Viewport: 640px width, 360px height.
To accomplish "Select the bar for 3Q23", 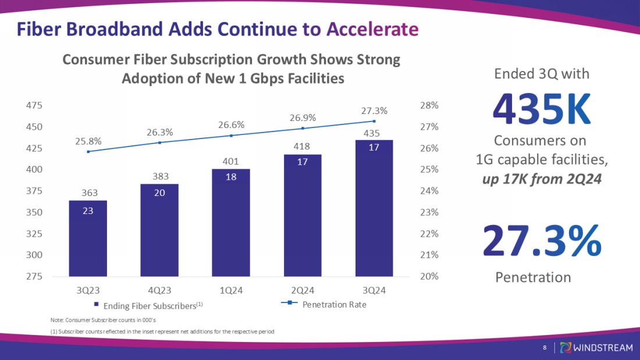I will coord(88,238).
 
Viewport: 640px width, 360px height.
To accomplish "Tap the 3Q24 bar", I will coord(374,208).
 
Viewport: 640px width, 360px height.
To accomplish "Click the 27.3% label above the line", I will coord(374,111).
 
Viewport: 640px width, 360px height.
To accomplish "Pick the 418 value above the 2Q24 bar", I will coord(302,146).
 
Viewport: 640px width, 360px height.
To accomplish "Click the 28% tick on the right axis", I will coord(429,105).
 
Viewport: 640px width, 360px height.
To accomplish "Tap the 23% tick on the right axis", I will coord(429,212).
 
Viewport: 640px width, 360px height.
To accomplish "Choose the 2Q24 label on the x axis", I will coord(303,290).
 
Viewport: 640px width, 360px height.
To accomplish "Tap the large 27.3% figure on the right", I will coord(541,241).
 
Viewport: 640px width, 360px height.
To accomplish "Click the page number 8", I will coord(544,348).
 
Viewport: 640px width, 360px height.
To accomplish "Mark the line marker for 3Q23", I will coord(88,152).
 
